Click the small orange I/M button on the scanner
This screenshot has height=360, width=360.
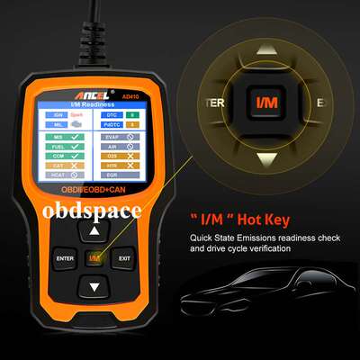[94, 259]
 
